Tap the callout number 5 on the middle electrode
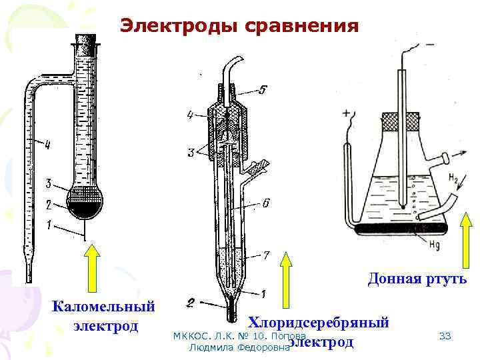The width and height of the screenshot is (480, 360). pos(263,90)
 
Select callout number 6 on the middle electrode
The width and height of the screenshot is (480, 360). pos(265,203)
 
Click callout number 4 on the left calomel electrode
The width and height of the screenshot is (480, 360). pos(47,143)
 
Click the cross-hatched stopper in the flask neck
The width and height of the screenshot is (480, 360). pos(400,121)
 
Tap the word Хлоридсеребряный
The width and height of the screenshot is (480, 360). pos(319,323)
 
